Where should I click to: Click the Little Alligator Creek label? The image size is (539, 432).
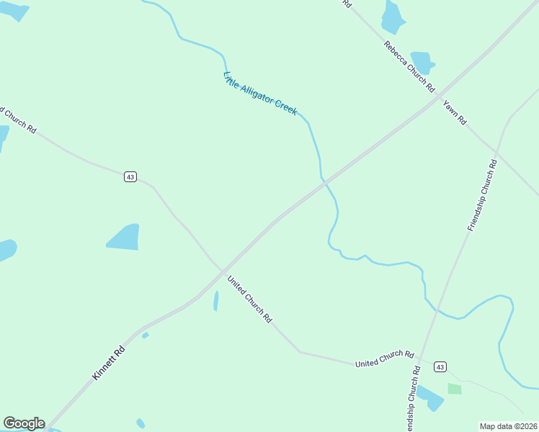point(260,94)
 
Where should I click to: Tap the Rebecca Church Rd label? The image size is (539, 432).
point(409,67)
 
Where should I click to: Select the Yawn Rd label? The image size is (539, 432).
point(455,112)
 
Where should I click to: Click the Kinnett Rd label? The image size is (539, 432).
point(109,363)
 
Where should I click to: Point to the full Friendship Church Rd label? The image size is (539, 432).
point(483,195)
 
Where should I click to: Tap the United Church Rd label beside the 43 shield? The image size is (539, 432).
point(384,359)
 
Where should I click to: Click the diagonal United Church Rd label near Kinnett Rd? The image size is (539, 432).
point(249,299)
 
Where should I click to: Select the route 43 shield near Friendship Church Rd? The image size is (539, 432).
point(440,367)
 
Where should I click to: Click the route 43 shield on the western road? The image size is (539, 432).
point(130,176)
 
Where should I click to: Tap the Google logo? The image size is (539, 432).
point(24,423)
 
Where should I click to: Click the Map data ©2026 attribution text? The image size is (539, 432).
point(508,426)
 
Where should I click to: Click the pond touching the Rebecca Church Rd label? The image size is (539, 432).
point(422,61)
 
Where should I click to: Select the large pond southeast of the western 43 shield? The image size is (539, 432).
point(123,237)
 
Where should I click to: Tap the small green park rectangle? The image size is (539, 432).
point(454,389)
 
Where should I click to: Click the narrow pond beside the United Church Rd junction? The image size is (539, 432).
point(215,301)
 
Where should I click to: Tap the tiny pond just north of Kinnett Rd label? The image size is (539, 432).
point(145,335)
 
